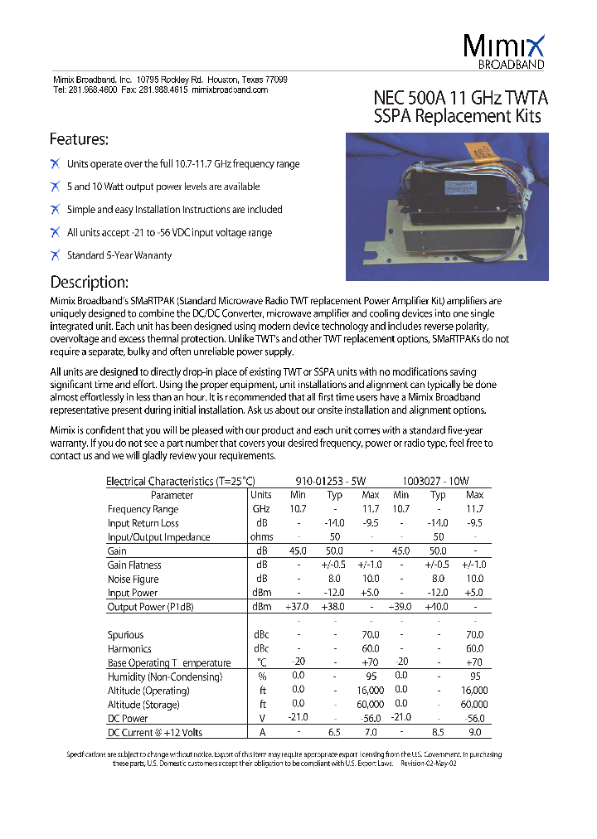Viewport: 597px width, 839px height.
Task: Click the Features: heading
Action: pyautogui.click(x=79, y=139)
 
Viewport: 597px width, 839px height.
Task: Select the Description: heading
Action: pyautogui.click(x=89, y=281)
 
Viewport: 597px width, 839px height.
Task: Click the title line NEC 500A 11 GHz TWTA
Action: pyautogui.click(x=461, y=98)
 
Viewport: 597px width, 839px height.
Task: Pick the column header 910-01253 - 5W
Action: pyautogui.click(x=330, y=481)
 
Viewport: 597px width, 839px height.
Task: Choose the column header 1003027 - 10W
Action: pyautogui.click(x=436, y=481)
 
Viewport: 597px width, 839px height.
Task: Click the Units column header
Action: pyautogui.click(x=261, y=495)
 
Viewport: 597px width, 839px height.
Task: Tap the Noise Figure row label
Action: pyautogui.click(x=133, y=579)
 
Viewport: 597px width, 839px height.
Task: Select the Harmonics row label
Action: pyautogui.click(x=129, y=648)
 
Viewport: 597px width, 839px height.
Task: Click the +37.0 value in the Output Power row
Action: pyautogui.click(x=296, y=607)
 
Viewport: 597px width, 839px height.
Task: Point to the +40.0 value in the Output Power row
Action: pyautogui.click(x=437, y=607)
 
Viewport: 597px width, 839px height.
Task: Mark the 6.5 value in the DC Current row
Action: pyautogui.click(x=335, y=732)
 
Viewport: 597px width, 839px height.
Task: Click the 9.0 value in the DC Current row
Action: pyautogui.click(x=474, y=732)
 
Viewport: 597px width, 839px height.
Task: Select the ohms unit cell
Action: pyautogui.click(x=261, y=537)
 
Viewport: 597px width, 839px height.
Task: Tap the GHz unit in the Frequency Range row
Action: pyautogui.click(x=261, y=509)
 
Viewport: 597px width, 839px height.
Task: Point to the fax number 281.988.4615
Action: pyautogui.click(x=163, y=90)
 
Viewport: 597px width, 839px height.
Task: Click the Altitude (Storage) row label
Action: pyautogui.click(x=143, y=705)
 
